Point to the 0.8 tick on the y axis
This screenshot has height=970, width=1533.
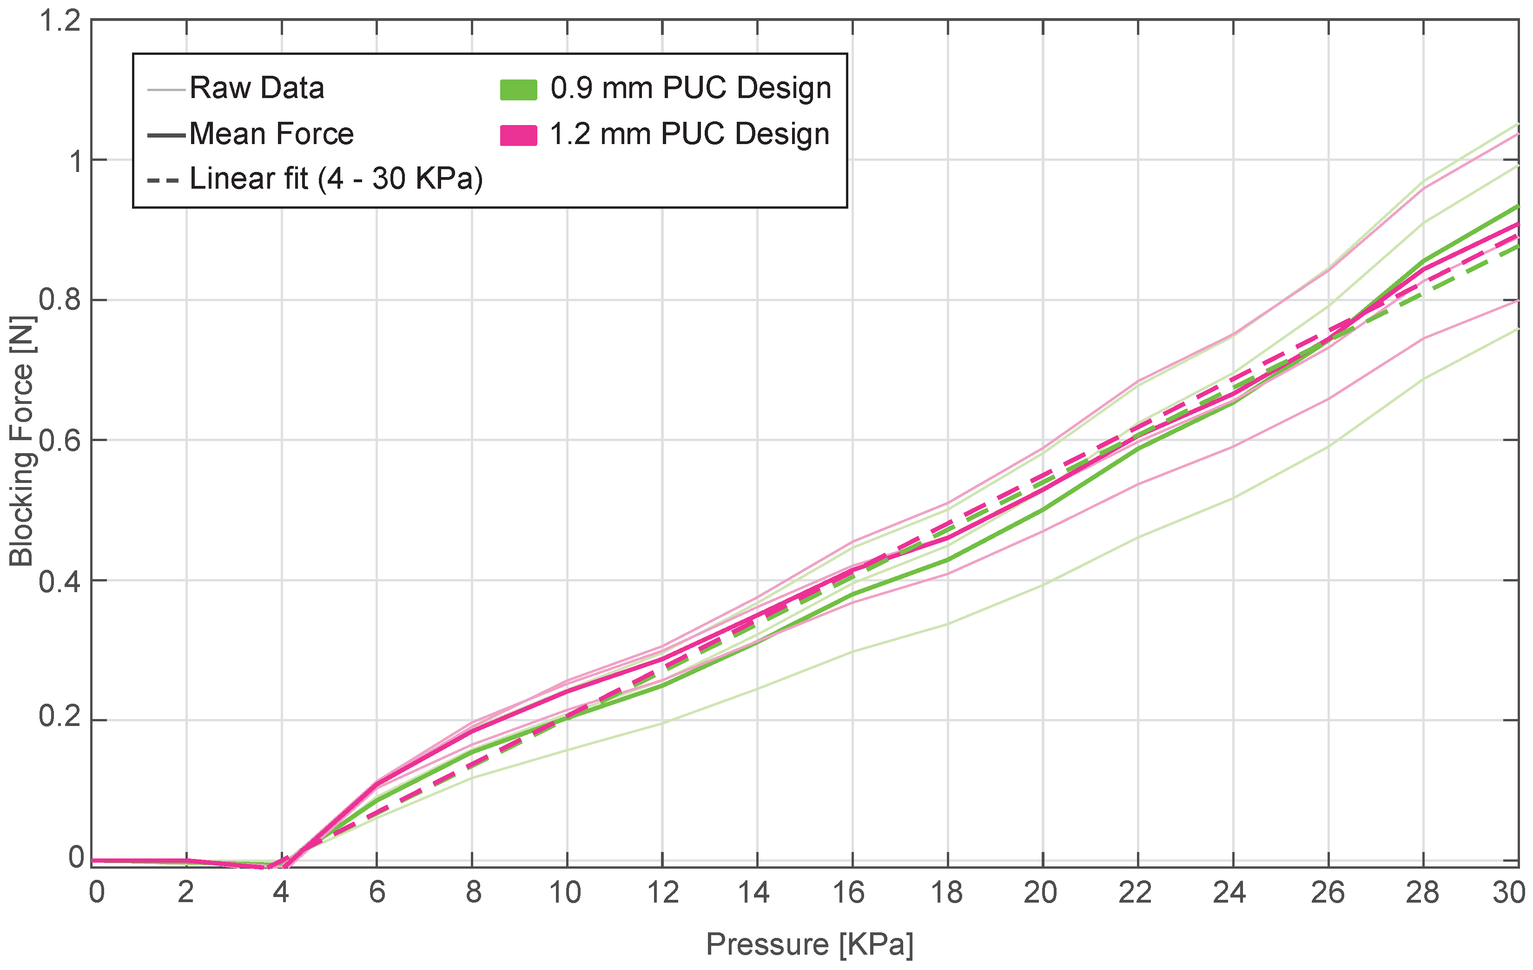point(60,300)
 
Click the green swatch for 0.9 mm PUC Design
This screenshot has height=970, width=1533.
point(518,90)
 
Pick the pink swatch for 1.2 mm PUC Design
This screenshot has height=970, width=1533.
point(518,135)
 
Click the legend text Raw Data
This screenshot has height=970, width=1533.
point(257,88)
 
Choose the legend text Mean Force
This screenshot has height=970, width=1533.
point(271,134)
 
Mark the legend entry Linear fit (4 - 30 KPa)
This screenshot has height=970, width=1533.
point(336,179)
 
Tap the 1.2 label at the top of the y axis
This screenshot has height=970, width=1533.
point(60,21)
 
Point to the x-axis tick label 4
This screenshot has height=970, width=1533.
point(281,893)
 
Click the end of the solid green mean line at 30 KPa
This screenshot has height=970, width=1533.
point(1518,207)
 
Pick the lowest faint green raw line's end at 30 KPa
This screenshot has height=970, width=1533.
point(1518,329)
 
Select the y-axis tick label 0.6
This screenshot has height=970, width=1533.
point(60,441)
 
